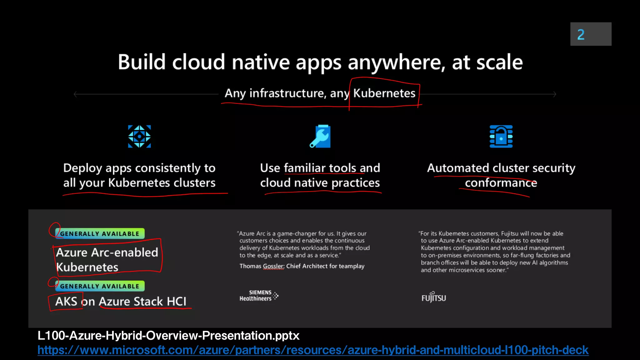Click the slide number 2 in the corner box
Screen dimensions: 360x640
(x=581, y=34)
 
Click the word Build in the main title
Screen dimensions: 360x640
(x=141, y=62)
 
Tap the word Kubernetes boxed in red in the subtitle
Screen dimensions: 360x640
(x=384, y=93)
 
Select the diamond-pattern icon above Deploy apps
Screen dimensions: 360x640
(x=139, y=136)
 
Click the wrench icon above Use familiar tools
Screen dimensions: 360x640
(x=320, y=136)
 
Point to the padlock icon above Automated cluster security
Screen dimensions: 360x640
(x=501, y=136)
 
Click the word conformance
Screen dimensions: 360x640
(x=501, y=183)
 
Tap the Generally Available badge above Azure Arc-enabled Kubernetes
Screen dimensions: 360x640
(x=100, y=233)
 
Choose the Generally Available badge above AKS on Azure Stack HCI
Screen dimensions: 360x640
(x=100, y=286)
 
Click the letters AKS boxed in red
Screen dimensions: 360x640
(x=66, y=302)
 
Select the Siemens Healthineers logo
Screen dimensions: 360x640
(x=258, y=296)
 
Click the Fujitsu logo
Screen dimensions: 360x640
(x=433, y=297)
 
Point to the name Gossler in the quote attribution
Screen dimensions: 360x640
(x=273, y=266)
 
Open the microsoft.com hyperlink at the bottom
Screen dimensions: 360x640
(x=313, y=350)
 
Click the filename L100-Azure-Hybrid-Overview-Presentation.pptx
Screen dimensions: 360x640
(x=168, y=336)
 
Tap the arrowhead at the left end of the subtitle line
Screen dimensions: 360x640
(x=75, y=94)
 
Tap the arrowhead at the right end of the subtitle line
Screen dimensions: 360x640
(x=555, y=94)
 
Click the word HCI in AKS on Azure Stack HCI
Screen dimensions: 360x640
(x=177, y=302)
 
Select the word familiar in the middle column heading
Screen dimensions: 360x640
(x=305, y=168)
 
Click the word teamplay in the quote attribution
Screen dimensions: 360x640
(x=352, y=266)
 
